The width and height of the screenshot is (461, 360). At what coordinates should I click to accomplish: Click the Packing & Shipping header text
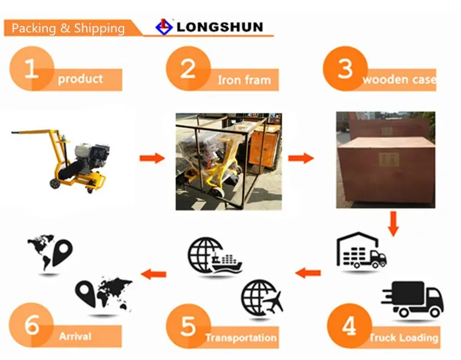tap(68, 28)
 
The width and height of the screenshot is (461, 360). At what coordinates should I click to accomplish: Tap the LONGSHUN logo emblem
tap(163, 27)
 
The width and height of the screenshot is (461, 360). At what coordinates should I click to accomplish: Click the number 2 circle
tap(187, 68)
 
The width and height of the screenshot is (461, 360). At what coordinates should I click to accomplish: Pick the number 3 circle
tap(345, 68)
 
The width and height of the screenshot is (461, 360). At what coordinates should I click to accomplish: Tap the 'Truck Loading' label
tap(404, 338)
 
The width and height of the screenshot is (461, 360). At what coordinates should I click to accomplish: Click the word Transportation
tap(241, 338)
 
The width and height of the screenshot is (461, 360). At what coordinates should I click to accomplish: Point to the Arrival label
tap(75, 337)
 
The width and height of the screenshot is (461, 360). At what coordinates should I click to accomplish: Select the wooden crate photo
tap(385, 160)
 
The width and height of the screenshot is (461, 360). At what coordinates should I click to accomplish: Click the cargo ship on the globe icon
tap(225, 263)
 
